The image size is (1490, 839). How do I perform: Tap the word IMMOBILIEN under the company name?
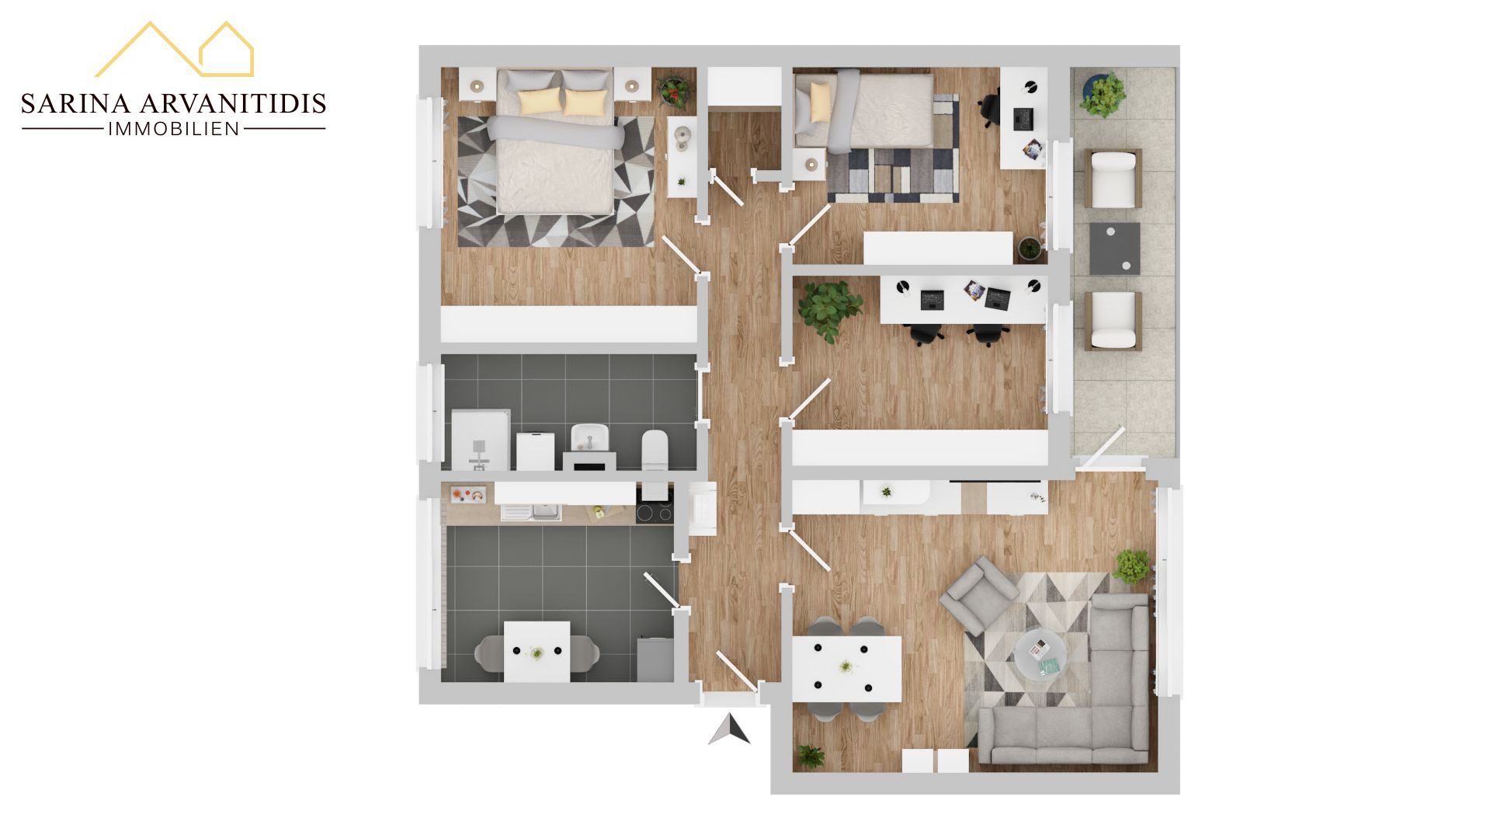click(173, 129)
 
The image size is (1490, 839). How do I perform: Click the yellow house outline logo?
click(175, 49)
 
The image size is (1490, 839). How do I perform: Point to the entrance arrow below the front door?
click(729, 729)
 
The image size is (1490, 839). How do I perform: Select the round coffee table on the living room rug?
click(1040, 655)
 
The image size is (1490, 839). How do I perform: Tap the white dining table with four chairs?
click(846, 668)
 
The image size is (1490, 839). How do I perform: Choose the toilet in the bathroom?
click(655, 450)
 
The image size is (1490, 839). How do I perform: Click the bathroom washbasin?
click(589, 438)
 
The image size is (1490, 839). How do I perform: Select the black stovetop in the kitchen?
click(655, 513)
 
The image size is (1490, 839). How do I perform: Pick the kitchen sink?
click(531, 512)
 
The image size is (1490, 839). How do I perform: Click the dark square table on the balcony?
click(1115, 249)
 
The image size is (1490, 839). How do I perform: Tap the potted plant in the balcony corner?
click(1101, 95)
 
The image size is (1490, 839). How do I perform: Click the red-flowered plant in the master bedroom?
click(673, 90)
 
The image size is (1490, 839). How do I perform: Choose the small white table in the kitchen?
click(537, 651)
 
